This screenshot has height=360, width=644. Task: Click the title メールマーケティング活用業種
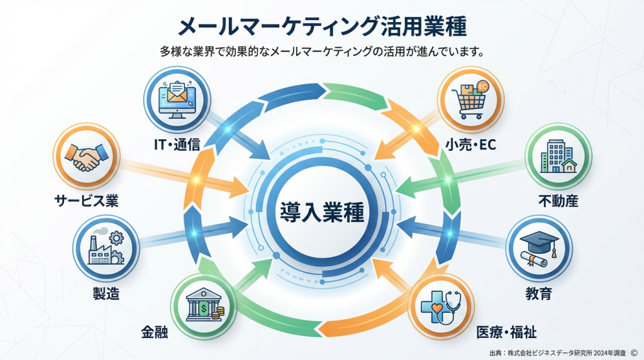[x=322, y=27]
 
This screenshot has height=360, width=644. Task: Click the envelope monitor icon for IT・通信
[x=177, y=100]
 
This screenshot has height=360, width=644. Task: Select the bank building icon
[x=203, y=308]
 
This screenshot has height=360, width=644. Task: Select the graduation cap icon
[x=539, y=249]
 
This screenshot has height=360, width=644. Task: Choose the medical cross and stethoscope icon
[x=440, y=308]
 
